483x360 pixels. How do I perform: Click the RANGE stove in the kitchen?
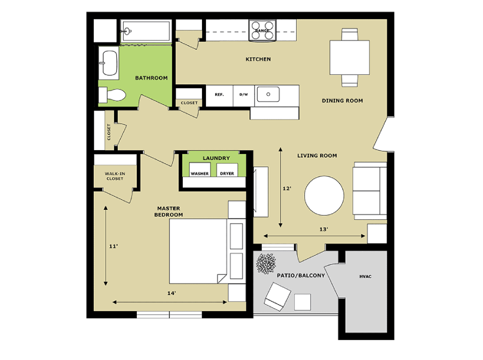pos(262,30)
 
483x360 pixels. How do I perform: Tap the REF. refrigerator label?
pos(219,94)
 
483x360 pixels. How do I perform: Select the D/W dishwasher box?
pos(243,96)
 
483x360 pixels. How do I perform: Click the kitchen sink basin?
pos(268,94)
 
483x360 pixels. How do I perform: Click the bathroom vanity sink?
pos(109,63)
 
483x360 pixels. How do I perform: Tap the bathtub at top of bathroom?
pos(146,31)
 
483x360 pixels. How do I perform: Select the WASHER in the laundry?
pos(200,170)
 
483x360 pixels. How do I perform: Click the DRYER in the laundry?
pos(227,170)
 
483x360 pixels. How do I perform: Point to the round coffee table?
pos(324,195)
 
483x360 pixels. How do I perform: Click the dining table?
pos(349,57)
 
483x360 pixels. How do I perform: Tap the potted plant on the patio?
pos(266,263)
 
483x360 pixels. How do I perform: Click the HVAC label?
pos(365,277)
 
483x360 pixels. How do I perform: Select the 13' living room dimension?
pos(323,229)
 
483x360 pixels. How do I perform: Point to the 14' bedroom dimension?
pos(172,293)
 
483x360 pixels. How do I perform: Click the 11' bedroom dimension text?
pos(113,246)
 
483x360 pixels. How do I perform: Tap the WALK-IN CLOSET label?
pos(115,176)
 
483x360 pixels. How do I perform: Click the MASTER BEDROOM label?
pos(168,211)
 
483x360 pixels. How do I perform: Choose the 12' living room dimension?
pos(287,188)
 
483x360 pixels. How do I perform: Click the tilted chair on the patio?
pos(277,297)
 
